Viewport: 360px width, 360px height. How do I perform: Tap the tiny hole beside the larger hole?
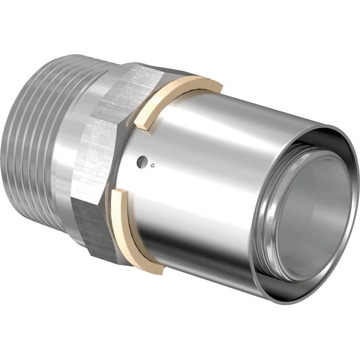pos(154,166)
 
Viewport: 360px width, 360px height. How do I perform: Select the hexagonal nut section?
pos(102,164)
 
